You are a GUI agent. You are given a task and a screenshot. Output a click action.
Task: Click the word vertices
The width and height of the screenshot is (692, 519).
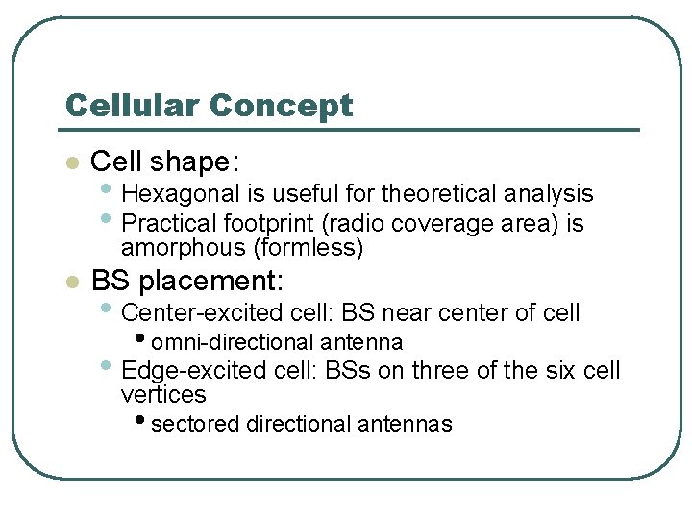pyautogui.click(x=163, y=395)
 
